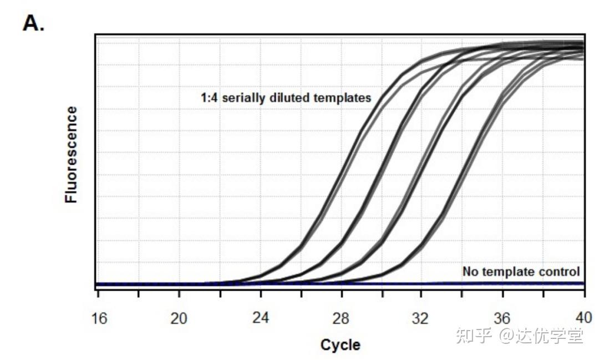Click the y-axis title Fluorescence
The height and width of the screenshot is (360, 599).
tap(71, 154)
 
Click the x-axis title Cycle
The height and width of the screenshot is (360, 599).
tap(340, 344)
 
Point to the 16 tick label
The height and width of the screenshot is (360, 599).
tap(99, 318)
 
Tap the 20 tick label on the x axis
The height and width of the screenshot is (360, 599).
tap(179, 318)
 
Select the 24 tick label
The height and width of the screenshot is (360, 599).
tap(261, 317)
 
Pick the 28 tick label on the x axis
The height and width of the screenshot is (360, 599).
tap(341, 318)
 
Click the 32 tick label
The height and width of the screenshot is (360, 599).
tap(420, 318)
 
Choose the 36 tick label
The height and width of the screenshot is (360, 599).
tap(501, 318)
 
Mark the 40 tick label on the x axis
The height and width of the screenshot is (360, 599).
tap(583, 317)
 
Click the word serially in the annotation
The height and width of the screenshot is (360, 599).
tap(243, 98)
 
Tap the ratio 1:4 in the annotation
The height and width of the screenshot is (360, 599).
tap(209, 98)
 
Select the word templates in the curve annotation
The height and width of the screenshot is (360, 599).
tap(342, 98)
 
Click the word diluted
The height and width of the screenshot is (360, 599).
tap(290, 98)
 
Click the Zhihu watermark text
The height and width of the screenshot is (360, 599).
tap(520, 336)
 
